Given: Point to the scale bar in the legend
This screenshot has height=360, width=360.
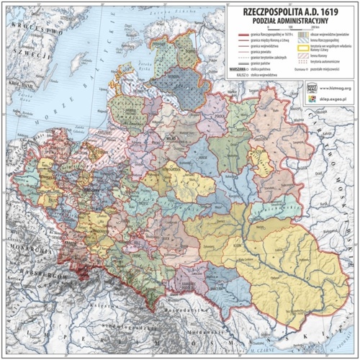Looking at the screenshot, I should (x=293, y=30).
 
